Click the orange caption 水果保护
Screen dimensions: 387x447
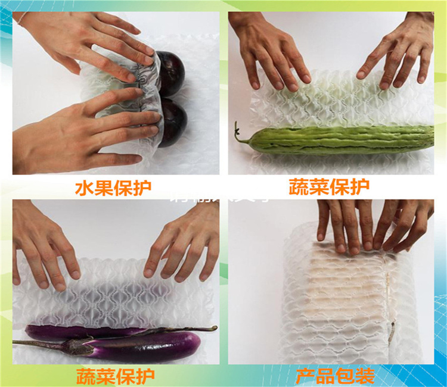113,188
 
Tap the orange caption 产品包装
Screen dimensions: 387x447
336,376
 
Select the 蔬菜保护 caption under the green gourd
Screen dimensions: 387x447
329,188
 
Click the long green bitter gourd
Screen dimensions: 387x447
340,140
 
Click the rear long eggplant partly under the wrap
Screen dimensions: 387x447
83,332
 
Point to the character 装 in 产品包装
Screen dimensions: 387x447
365,376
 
